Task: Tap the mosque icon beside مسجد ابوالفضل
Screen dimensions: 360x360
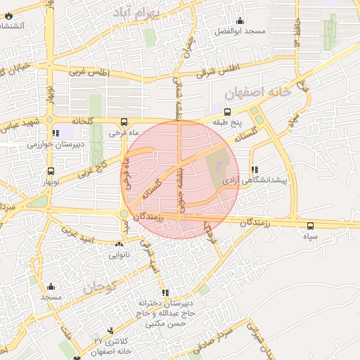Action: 242,20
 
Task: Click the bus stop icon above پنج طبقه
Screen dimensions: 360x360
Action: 227,111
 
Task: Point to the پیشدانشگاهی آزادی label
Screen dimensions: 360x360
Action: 255,181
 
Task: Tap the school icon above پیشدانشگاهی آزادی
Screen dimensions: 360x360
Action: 255,169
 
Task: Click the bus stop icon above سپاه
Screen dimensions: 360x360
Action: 311,226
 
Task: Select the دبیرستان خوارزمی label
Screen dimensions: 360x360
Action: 56,144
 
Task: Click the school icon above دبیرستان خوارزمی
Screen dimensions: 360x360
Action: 56,133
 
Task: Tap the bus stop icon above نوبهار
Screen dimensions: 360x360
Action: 51,171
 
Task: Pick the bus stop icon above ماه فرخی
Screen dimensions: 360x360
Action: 124,121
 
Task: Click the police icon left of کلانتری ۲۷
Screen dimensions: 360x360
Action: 110,330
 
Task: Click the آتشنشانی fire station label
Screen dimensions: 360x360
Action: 13,26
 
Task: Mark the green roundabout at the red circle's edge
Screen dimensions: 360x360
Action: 124,213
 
